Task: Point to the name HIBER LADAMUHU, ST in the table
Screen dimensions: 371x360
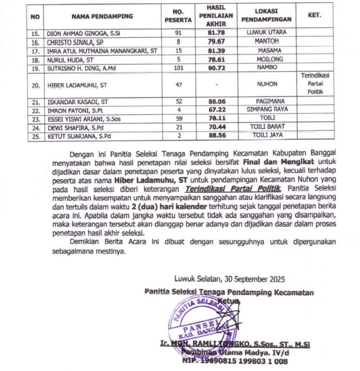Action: (x=77, y=84)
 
